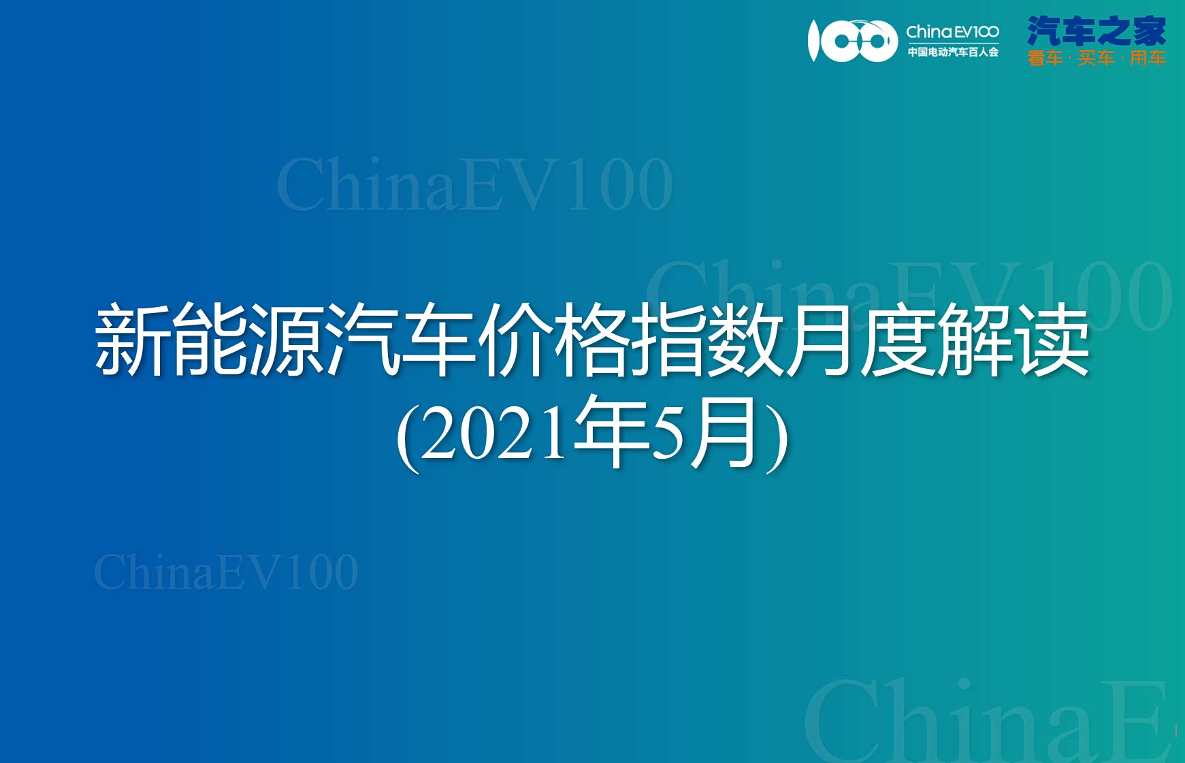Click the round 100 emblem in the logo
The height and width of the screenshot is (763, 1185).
coord(853,41)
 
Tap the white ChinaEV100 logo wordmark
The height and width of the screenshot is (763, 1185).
coord(952,32)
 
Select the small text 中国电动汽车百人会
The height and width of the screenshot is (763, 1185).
coord(953,52)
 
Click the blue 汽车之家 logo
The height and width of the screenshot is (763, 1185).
coord(1097,31)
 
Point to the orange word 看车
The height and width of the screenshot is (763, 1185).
coord(1045,59)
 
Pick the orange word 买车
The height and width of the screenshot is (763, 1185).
coord(1096,59)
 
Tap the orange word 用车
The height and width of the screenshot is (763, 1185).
coord(1148,59)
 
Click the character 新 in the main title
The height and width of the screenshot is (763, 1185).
coord(133,340)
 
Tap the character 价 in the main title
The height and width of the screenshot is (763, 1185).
coord(517,340)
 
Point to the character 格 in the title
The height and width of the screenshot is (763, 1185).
coord(593,340)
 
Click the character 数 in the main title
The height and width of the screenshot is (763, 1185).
coord(747,340)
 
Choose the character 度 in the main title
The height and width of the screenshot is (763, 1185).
coord(900,340)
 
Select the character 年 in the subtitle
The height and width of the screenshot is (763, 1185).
coord(611,431)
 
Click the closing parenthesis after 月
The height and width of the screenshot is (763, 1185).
coord(777,436)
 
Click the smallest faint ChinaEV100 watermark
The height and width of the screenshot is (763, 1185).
coord(226,572)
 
